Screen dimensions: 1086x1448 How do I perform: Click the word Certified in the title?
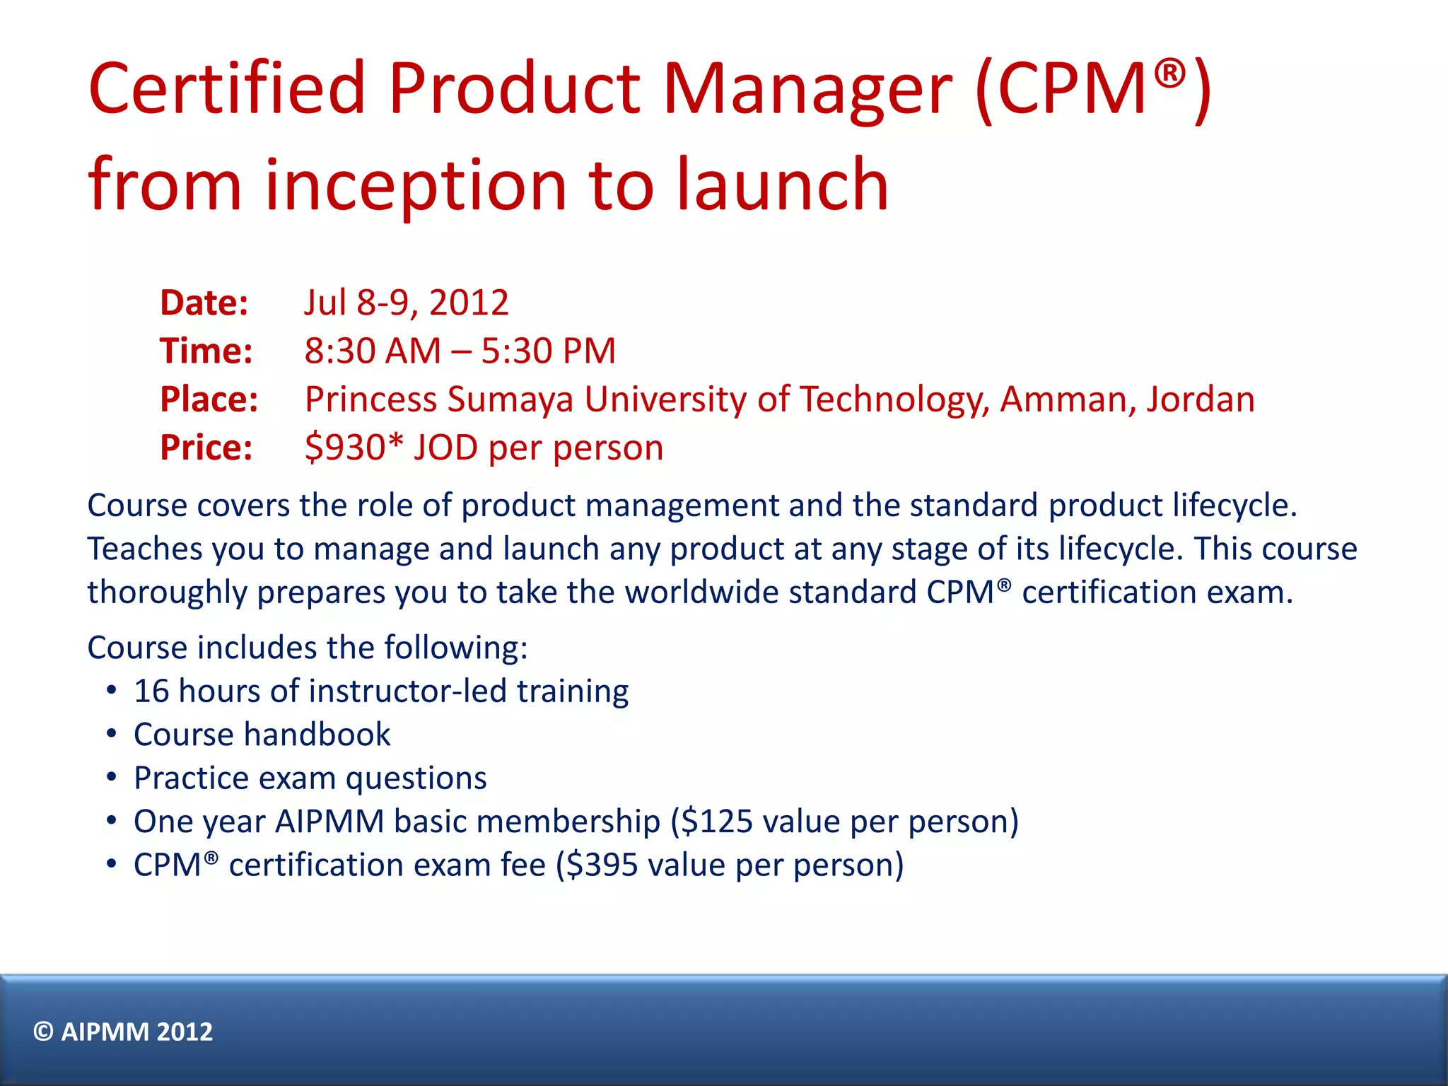click(226, 88)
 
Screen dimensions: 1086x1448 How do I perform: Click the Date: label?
click(204, 303)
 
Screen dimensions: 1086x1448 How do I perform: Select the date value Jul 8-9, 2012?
click(407, 303)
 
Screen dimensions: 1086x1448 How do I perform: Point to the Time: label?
click(206, 351)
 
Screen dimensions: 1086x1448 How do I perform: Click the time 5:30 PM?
click(549, 351)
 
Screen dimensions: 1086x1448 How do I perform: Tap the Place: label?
click(209, 399)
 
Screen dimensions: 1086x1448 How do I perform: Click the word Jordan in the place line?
click(1200, 399)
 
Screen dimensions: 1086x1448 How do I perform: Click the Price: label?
click(206, 448)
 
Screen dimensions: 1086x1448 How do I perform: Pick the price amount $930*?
click(354, 448)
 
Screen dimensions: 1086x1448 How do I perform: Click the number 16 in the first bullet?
click(151, 691)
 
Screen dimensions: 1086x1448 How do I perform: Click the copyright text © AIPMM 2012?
click(123, 1032)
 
